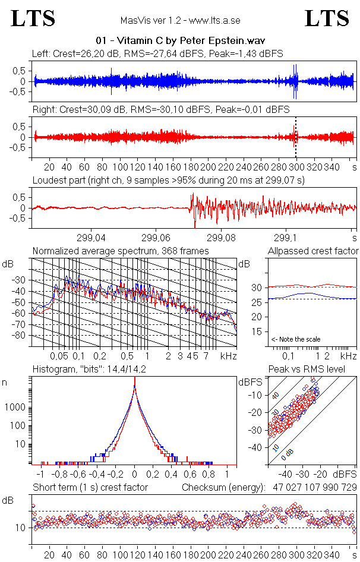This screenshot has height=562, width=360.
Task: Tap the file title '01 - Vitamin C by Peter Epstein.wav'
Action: click(180, 41)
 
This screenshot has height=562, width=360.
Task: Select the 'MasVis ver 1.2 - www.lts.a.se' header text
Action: click(180, 20)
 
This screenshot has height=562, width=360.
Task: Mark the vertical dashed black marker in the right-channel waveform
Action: click(296, 137)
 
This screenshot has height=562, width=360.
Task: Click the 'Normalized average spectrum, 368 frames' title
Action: click(121, 251)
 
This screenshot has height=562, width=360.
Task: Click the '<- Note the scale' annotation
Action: click(296, 339)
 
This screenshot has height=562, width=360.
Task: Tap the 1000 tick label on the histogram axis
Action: click(15, 408)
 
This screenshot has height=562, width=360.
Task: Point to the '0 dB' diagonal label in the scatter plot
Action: click(288, 453)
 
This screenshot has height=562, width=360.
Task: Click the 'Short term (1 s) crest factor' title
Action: click(90, 487)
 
